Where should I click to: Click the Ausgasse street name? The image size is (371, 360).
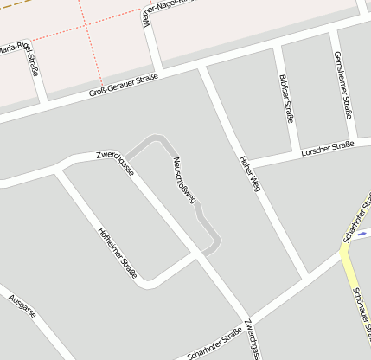22,306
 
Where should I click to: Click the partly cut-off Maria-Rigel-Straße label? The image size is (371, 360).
21,54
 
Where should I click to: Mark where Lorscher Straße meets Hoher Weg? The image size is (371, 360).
246,164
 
